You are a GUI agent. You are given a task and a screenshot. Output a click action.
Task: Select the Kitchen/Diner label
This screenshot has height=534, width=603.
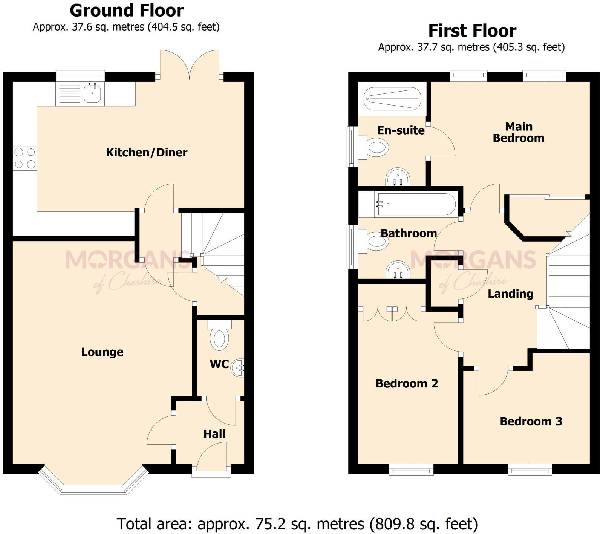pyautogui.click(x=147, y=153)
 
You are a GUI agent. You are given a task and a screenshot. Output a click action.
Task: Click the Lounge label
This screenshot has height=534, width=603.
pyautogui.click(x=102, y=352)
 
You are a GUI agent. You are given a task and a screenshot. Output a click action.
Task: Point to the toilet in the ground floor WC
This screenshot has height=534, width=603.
pyautogui.click(x=219, y=338)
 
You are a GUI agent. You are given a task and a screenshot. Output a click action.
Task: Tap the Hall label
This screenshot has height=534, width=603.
pyautogui.click(x=214, y=434)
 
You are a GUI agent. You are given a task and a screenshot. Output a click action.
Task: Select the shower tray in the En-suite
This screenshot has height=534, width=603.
pyautogui.click(x=392, y=99)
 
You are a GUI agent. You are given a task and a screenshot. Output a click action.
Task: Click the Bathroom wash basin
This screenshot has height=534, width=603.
pyautogui.click(x=398, y=270)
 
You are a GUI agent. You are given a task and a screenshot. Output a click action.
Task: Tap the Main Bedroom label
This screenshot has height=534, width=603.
pyautogui.click(x=519, y=132)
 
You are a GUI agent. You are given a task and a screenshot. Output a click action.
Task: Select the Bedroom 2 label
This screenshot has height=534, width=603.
pyautogui.click(x=407, y=384)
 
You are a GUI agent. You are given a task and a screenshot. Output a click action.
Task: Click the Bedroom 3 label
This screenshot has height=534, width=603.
pyautogui.click(x=531, y=421)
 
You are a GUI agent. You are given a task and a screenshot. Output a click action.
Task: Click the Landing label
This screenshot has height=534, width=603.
pyautogui.click(x=510, y=294)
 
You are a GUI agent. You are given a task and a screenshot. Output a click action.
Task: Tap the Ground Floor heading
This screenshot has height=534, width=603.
pyautogui.click(x=127, y=11)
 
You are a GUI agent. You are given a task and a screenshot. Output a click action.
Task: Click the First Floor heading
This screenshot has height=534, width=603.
pyautogui.click(x=472, y=31)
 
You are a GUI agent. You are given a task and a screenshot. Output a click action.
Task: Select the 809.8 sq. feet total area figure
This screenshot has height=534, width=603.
pyautogui.click(x=424, y=524)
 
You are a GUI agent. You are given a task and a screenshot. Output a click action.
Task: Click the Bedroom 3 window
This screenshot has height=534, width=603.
pyautogui.click(x=530, y=470)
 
